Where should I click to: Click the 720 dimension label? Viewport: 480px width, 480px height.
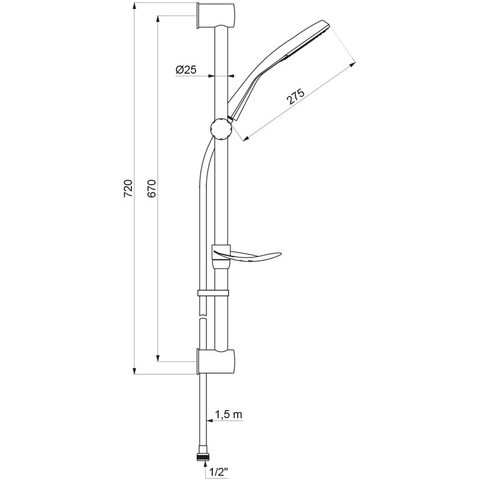pos(128,188)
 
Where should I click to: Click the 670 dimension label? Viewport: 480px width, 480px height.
pos(152,188)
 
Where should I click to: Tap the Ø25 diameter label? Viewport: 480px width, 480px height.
pos(186,70)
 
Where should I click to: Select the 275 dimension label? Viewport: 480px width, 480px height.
pos(295,97)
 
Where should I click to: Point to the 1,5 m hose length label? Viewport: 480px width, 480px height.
pos(229,415)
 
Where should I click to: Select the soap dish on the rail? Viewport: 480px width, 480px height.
pos(246,256)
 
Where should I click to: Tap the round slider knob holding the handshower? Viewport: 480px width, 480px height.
pos(221,128)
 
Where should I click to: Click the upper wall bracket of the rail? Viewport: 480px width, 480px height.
pos(216,16)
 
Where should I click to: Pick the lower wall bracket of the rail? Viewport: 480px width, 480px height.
pos(216,361)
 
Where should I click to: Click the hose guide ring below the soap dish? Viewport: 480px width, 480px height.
pos(213,293)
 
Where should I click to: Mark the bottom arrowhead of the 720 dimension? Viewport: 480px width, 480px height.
pos(134,370)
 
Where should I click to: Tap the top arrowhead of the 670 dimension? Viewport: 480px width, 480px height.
pos(158,19)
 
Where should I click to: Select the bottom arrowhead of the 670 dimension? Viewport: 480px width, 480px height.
pos(158,358)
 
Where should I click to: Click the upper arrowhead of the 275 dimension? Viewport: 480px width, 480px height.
pos(352,65)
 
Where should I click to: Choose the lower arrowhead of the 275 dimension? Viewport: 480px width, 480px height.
pos(245,139)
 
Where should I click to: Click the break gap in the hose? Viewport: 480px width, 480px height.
pos(202,317)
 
